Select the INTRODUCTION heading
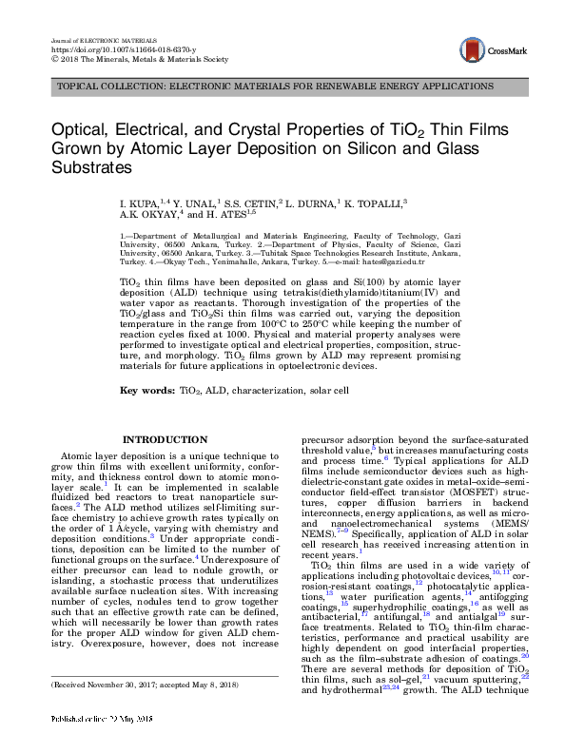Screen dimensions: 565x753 coord(167,439)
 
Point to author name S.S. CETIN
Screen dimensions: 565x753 coord(252,203)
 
